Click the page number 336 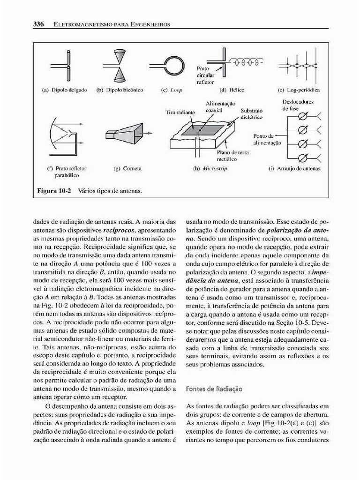(x=38, y=24)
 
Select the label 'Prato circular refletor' (x=205, y=75)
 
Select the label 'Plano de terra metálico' (x=232, y=156)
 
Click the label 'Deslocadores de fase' (x=298, y=105)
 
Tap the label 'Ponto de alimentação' (x=267, y=139)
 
